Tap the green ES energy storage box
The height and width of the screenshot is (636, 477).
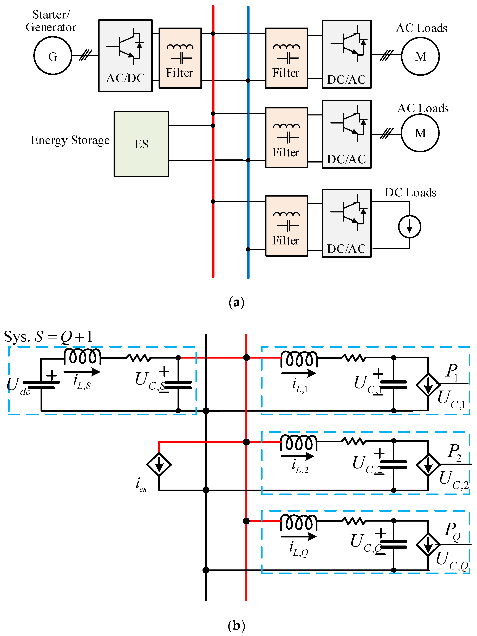pos(141,144)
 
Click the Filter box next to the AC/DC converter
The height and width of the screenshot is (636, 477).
pos(180,58)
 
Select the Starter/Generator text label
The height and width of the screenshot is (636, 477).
pos(51,21)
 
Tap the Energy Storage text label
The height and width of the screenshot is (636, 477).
pos(70,140)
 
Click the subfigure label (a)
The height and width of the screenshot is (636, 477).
pos(236,302)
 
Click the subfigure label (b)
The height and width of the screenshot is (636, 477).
pos(236,626)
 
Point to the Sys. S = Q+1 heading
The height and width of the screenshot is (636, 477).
pos(48,336)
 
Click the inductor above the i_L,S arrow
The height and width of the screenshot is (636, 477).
pos(82,356)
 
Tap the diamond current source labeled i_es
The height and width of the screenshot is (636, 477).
pos(159,464)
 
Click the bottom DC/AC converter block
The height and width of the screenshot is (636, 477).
pos(347,223)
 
